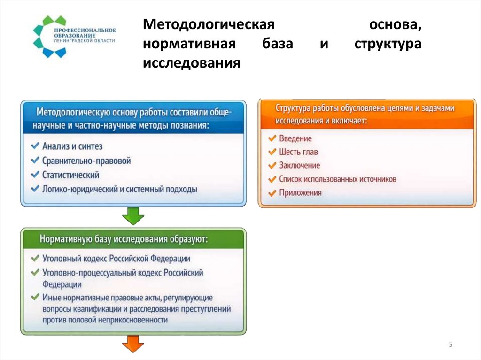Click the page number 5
[450, 345]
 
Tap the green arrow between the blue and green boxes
[133, 216]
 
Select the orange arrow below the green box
[133, 344]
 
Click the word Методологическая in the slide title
[209, 25]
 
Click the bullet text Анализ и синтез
[72, 147]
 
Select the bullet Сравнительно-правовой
[86, 161]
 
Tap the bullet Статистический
[70, 175]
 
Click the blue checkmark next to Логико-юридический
[34, 189]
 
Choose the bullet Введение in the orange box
[295, 138]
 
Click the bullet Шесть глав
[298, 152]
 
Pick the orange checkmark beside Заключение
[272, 166]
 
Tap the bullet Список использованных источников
[337, 179]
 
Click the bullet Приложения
[300, 193]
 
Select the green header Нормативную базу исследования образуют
[124, 239]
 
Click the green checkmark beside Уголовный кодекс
[34, 259]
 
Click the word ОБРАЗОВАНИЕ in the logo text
[69, 36]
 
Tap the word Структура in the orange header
[294, 109]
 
